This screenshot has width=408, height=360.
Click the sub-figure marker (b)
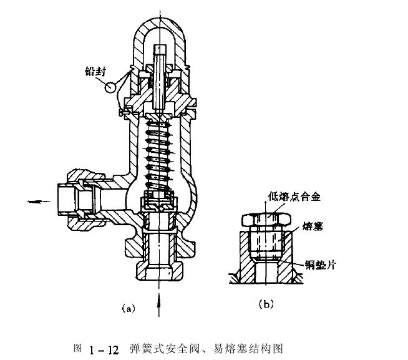point(265,304)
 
